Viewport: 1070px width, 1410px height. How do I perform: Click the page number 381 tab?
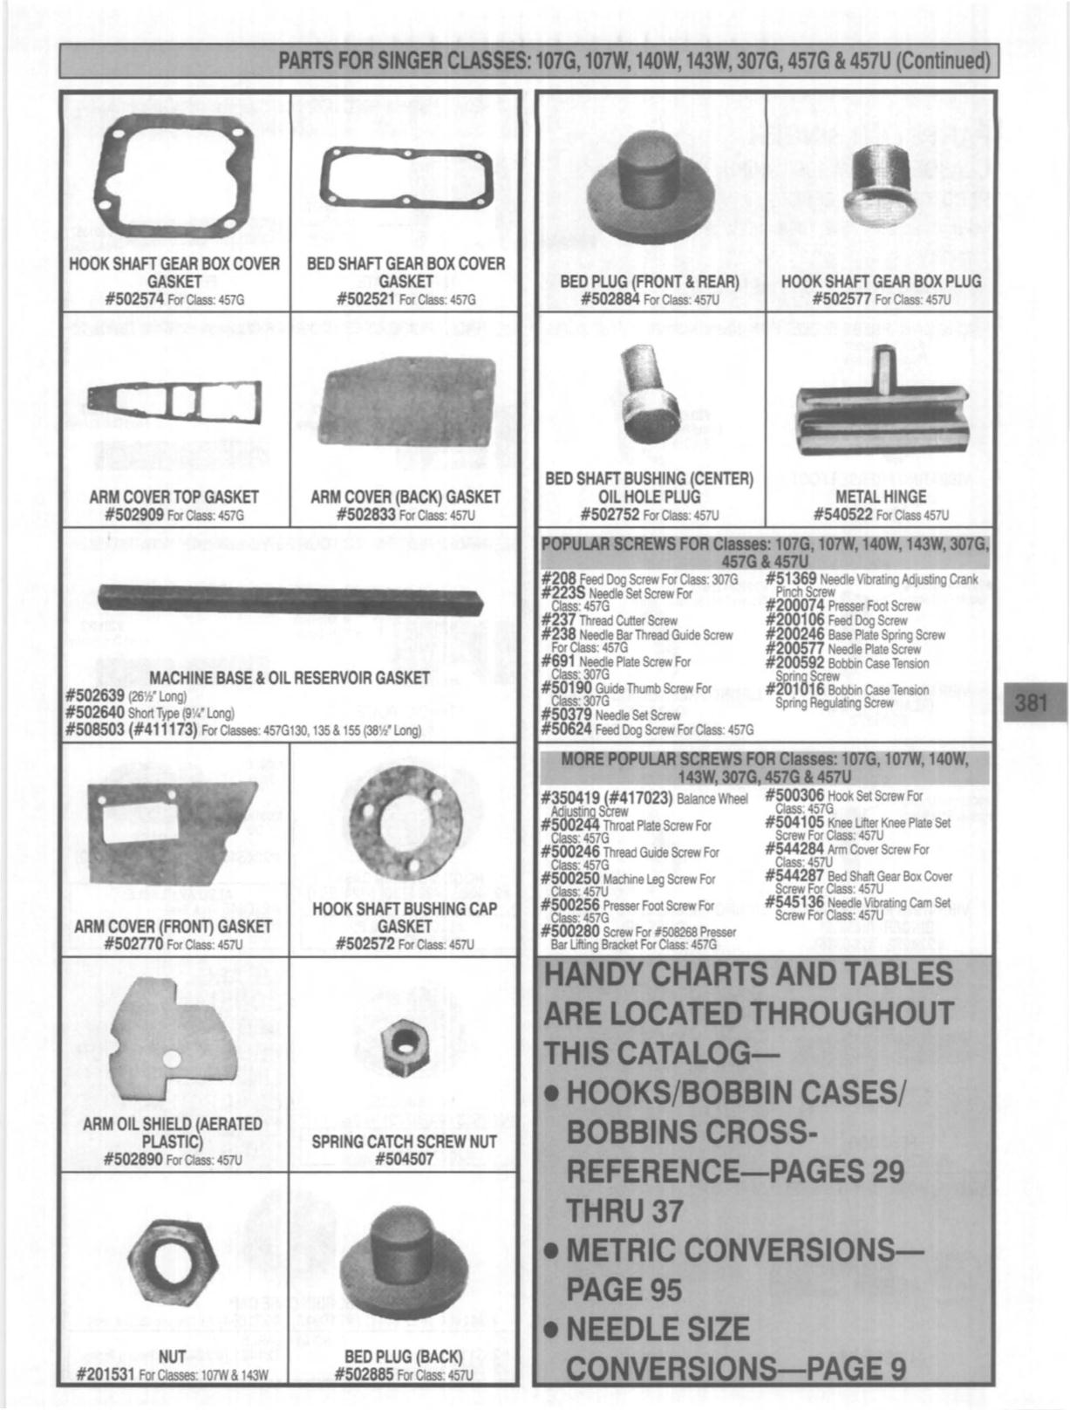tap(1031, 702)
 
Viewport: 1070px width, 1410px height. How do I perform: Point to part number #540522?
tap(842, 515)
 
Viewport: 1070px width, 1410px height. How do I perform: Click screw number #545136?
tap(794, 902)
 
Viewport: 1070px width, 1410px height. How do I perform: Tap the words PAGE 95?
tap(624, 1290)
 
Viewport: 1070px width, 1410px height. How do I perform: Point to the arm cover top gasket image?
tap(174, 401)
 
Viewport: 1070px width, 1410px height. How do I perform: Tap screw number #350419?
tap(571, 797)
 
